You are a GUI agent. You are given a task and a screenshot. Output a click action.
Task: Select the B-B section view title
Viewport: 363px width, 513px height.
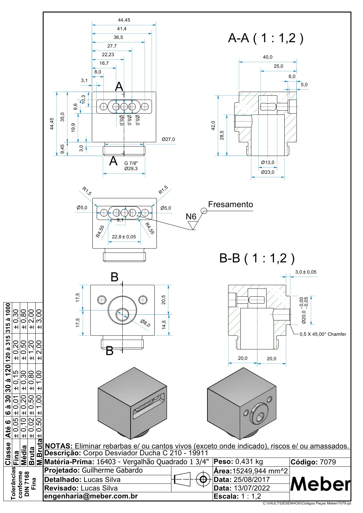click(257, 258)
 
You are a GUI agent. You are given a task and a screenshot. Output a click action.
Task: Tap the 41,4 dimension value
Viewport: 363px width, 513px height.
click(121, 29)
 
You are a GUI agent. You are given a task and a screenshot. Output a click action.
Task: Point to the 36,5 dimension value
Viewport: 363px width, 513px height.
click(118, 37)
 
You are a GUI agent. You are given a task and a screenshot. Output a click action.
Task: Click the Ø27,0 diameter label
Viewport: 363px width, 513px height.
click(168, 139)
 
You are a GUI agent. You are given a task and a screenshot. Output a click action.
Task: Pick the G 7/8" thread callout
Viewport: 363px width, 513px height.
click(131, 163)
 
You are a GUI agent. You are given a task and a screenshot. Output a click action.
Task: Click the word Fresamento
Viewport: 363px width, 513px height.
click(231, 204)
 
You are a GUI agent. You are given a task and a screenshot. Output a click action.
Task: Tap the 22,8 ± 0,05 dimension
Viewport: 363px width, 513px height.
click(124, 237)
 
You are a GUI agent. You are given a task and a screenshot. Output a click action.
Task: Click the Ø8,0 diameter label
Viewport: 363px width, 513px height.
click(145, 323)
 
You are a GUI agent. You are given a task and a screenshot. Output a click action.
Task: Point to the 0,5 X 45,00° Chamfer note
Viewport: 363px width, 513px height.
click(323, 334)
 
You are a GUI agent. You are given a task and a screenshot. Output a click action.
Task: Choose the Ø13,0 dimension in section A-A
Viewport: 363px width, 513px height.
click(268, 162)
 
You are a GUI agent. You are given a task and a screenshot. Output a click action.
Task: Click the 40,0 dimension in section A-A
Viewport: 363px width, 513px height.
click(268, 57)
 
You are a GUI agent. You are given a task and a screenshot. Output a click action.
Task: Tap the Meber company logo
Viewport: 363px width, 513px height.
click(320, 484)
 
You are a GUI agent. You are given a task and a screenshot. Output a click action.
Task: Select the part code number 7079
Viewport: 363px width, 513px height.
click(328, 462)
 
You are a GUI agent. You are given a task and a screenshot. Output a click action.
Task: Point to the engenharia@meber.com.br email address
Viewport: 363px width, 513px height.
click(91, 496)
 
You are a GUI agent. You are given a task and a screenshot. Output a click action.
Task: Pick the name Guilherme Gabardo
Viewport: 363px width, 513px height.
click(112, 470)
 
